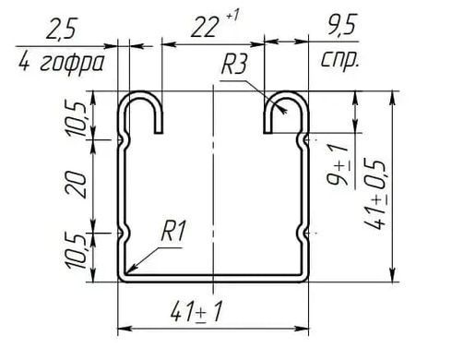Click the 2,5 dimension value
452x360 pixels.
pos(62,29)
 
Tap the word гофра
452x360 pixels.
pos(72,64)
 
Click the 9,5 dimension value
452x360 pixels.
pos(341,24)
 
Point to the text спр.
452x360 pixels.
pos(340,60)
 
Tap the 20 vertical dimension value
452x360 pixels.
pos(76,185)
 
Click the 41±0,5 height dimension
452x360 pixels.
pos(375,195)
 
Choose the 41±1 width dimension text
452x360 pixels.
pos(196,311)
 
